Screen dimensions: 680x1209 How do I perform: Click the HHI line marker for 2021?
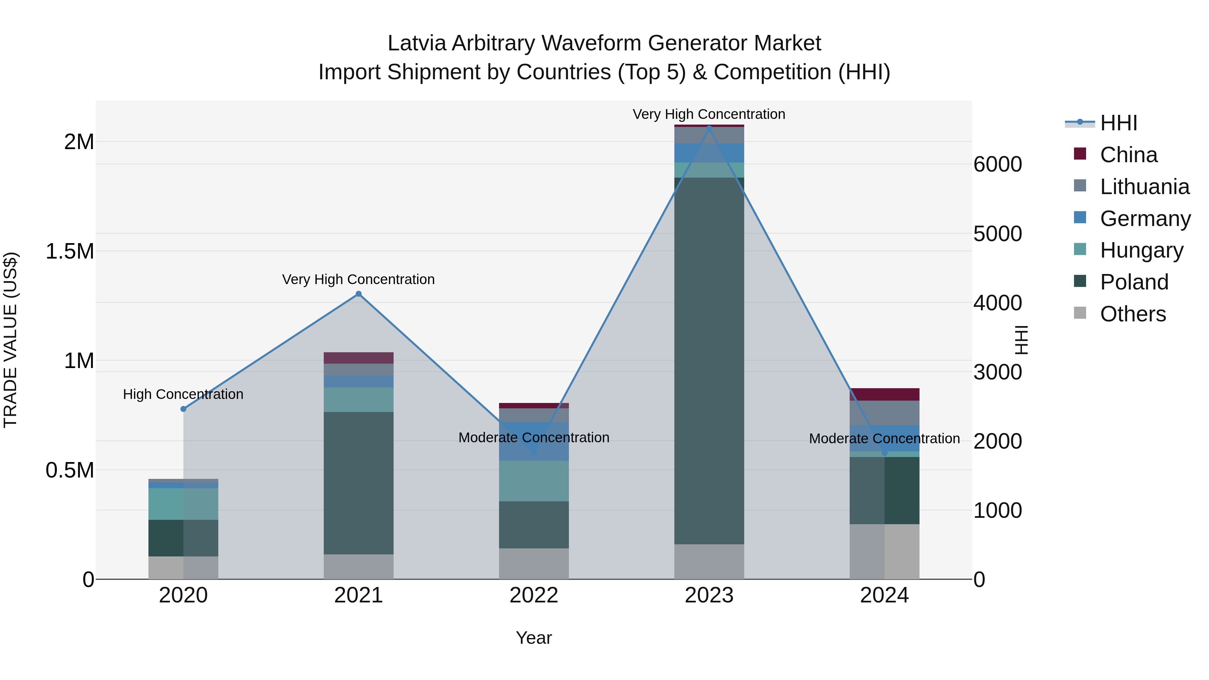click(359, 294)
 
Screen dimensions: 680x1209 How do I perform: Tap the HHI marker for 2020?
click(183, 409)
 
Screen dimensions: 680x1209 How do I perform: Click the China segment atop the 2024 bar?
click(884, 394)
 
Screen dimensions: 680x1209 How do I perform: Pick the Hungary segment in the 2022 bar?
click(534, 481)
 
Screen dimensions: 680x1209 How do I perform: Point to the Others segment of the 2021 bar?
click(359, 566)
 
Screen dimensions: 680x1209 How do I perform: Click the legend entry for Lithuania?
click(1144, 187)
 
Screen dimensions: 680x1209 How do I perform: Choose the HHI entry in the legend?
click(1118, 123)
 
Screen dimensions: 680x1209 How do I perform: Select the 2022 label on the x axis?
click(534, 595)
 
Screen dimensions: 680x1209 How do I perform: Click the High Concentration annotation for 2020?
click(183, 394)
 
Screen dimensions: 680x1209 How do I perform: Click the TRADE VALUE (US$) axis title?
click(11, 340)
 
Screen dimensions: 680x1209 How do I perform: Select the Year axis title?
click(534, 638)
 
